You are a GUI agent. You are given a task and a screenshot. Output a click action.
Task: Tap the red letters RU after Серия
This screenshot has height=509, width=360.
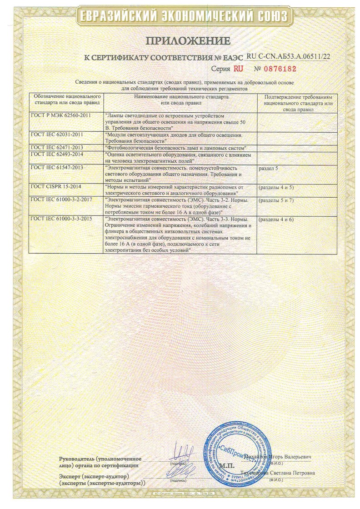[238, 69]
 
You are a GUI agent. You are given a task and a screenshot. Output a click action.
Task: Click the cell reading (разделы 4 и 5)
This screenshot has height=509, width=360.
[276, 186]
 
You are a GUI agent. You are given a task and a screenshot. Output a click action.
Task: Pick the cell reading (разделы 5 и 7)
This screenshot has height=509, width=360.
[276, 200]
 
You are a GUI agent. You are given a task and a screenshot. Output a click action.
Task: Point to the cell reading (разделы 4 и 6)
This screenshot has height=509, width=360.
[276, 219]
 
